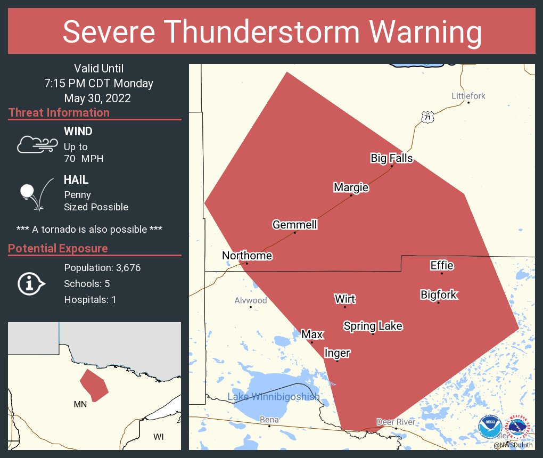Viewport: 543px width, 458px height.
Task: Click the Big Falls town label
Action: point(391,158)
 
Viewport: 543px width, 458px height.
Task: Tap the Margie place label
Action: point(351,187)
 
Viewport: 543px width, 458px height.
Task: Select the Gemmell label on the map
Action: point(294,225)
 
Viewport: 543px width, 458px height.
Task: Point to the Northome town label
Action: point(247,256)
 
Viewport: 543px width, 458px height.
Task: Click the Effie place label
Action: point(442,266)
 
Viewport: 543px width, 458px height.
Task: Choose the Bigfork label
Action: point(439,295)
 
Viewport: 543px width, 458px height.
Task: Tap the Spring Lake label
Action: point(373,326)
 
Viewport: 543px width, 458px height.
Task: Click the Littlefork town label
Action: point(468,96)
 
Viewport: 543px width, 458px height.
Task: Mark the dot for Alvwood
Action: point(251,307)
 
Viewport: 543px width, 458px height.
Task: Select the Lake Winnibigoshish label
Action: point(274,397)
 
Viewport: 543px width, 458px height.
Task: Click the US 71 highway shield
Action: point(427,117)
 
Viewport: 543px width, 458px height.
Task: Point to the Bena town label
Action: point(269,420)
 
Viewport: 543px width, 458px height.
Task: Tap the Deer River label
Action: point(396,422)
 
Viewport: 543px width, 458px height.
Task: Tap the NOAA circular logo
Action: point(490,427)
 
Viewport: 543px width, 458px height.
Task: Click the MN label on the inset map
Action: point(80,404)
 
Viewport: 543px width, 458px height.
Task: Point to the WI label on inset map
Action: point(158,437)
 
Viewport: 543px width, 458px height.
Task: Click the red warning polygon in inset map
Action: point(94,385)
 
